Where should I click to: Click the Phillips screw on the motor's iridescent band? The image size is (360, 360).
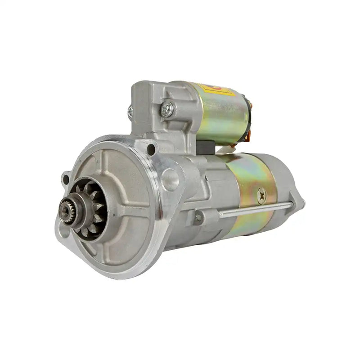coord(261,195)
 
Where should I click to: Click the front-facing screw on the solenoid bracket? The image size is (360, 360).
coord(167,108)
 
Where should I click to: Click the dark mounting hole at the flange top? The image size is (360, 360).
coord(152,148)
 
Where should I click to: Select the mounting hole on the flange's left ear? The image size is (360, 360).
coord(66,179)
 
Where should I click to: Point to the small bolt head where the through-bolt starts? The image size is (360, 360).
coord(198,218)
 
